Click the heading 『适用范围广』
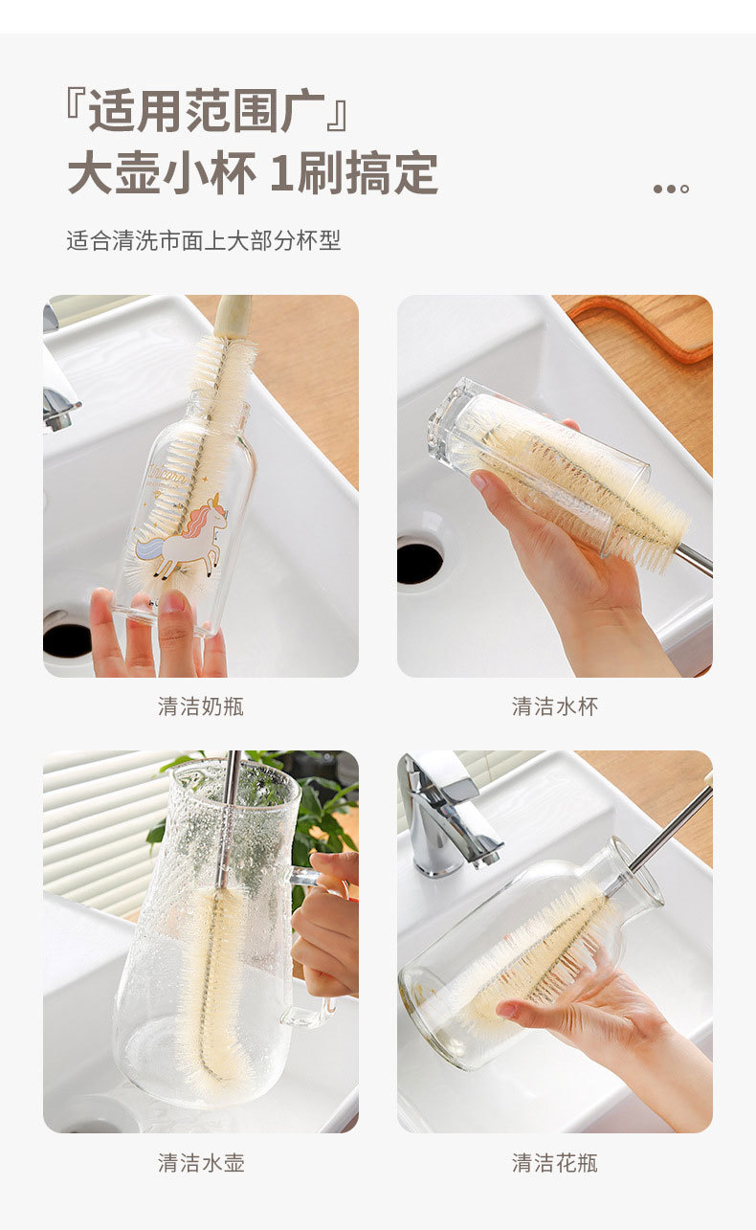[207, 111]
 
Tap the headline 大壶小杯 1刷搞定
[253, 173]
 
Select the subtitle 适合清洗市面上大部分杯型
[204, 240]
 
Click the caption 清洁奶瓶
[201, 706]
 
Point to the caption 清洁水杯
[554, 706]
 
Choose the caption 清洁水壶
[201, 1163]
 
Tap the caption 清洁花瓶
[554, 1163]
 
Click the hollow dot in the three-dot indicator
[684, 189]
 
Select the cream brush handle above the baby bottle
[233, 319]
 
